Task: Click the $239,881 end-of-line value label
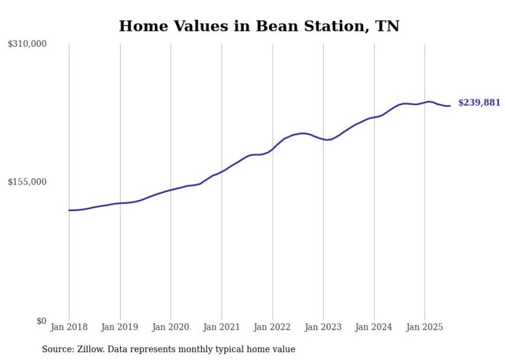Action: tap(479, 102)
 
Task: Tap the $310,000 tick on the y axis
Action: tap(27, 44)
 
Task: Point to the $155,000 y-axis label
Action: tap(27, 182)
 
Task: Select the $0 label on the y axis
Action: tap(41, 321)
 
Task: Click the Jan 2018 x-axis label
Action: tap(69, 327)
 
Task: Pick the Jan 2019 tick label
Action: tap(120, 327)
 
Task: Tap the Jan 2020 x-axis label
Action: tap(171, 327)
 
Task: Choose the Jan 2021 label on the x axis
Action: tap(222, 327)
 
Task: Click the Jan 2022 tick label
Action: tap(273, 327)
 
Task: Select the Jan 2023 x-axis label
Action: tap(323, 327)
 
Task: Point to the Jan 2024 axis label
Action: tap(374, 327)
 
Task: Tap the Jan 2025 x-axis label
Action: tap(425, 327)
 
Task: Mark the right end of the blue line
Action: tap(450, 106)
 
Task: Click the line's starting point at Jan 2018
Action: tap(69, 210)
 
